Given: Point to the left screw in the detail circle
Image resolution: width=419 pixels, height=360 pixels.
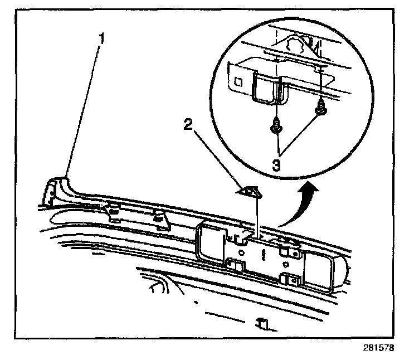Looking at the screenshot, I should click(275, 128).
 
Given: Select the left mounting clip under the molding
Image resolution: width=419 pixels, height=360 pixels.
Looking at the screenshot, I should click(114, 211).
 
